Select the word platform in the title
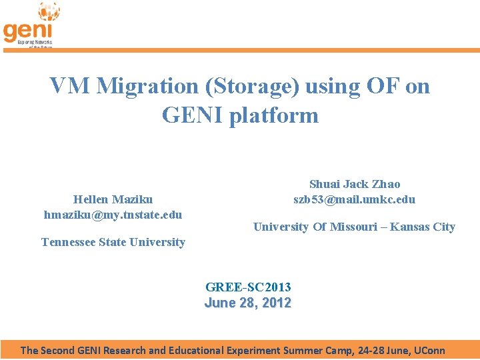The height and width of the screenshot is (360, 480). tap(273, 115)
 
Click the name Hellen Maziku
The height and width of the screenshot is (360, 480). tap(113, 199)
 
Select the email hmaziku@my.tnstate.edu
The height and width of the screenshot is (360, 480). tap(113, 215)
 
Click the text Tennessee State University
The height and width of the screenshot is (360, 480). tap(113, 242)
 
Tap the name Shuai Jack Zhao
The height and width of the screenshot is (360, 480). tap(355, 184)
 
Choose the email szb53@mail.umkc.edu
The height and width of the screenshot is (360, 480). tap(355, 199)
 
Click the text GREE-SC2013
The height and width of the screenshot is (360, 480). tap(248, 287)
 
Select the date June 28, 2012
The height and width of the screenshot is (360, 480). tap(248, 303)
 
